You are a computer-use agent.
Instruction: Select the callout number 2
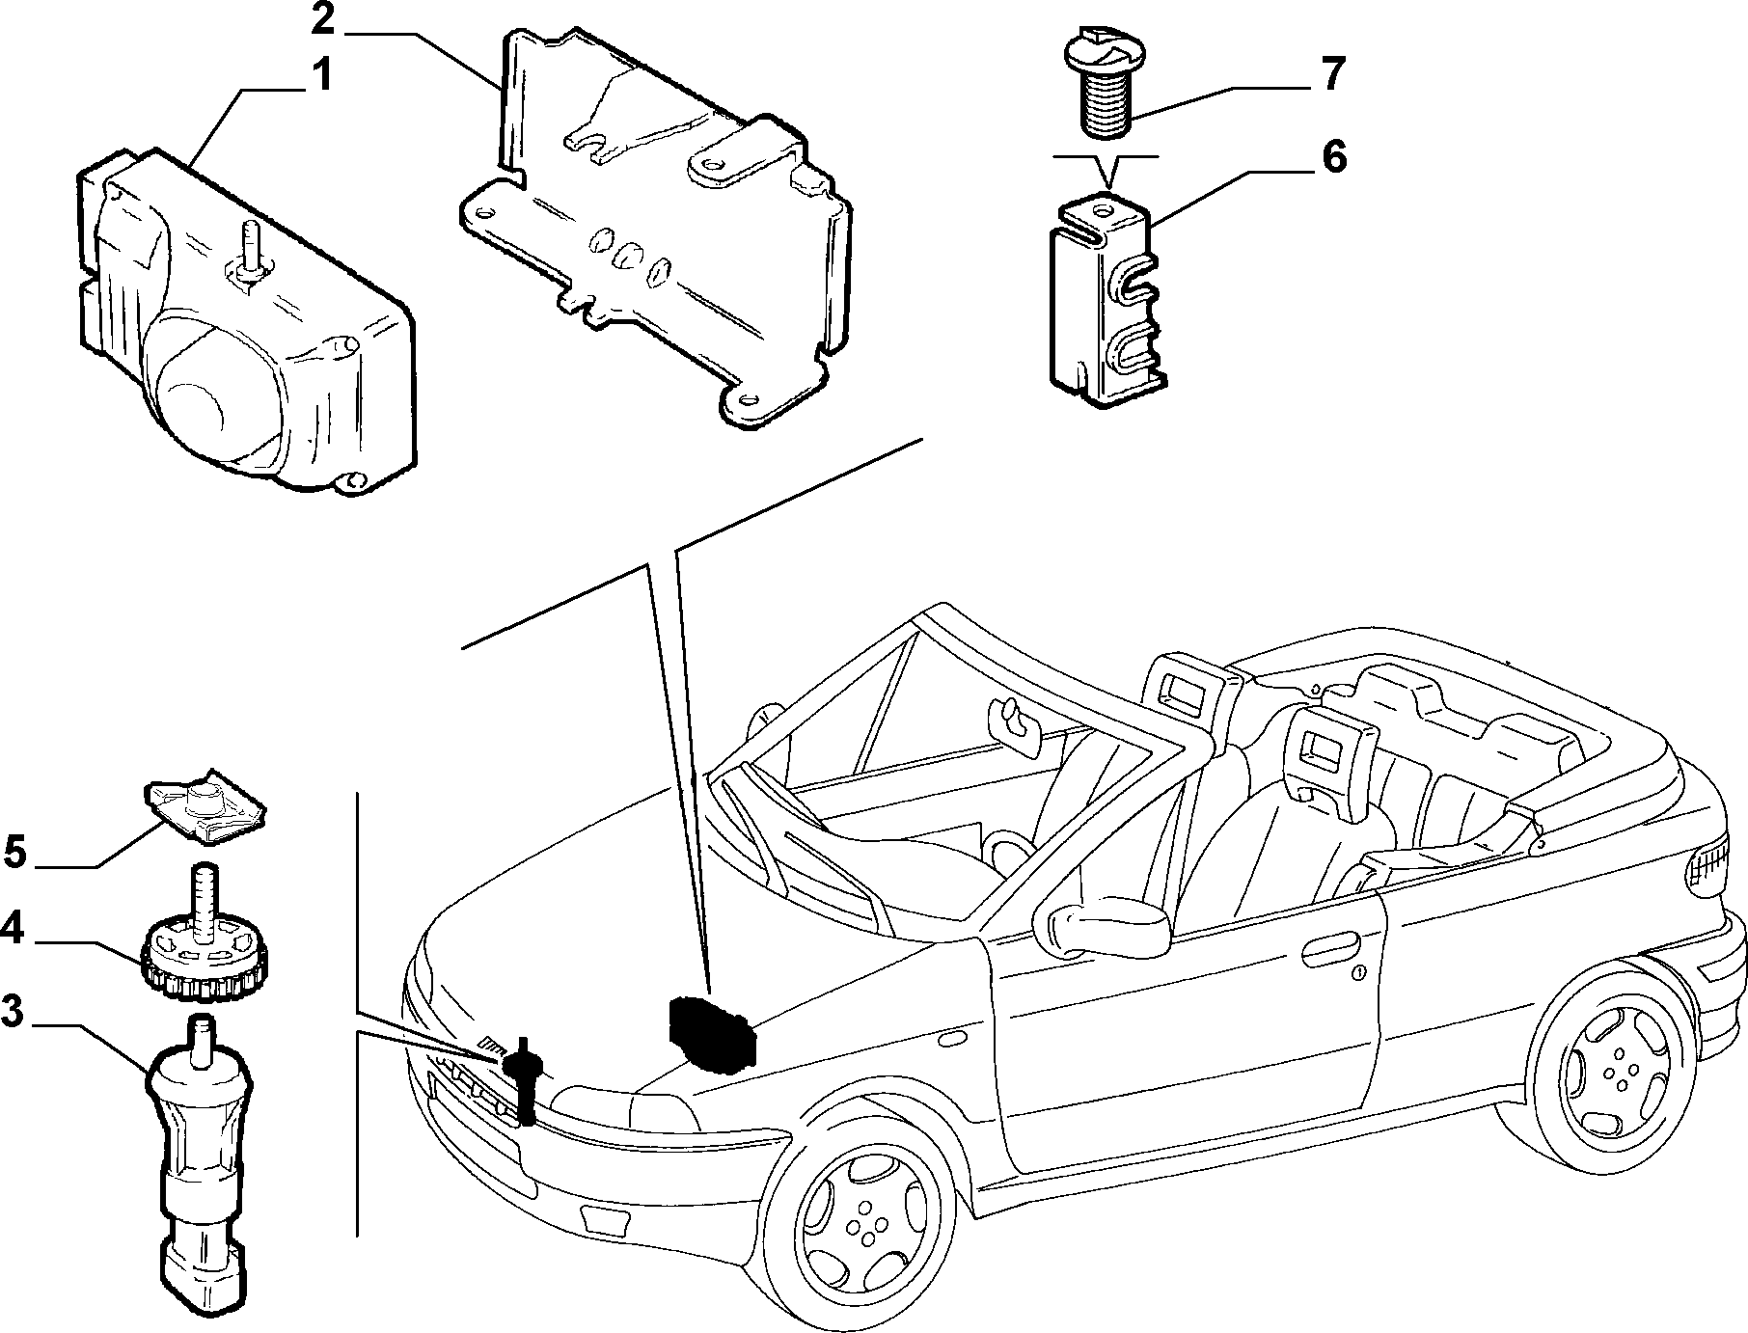(324, 18)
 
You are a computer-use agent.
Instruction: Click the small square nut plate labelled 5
(205, 808)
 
